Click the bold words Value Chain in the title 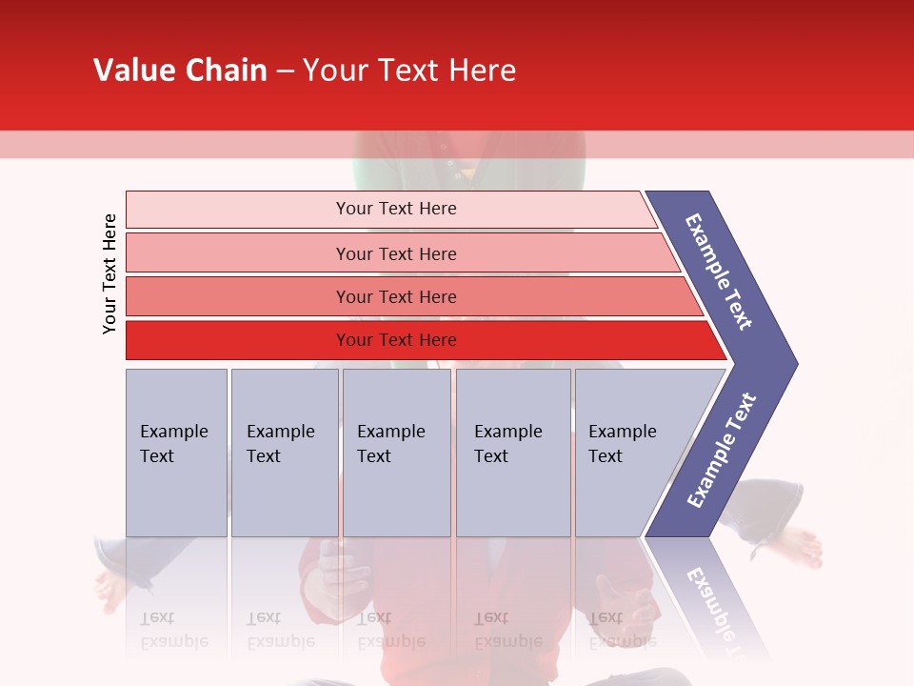180,71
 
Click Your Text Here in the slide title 409,71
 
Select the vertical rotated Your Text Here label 109,273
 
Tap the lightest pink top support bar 395,209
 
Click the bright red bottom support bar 395,340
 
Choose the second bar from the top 395,253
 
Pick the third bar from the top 395,296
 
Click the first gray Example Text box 176,452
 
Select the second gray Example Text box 284,452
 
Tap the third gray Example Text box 396,452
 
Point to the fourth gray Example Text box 512,452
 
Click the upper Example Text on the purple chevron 719,272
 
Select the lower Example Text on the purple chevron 722,451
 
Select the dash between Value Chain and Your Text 285,71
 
